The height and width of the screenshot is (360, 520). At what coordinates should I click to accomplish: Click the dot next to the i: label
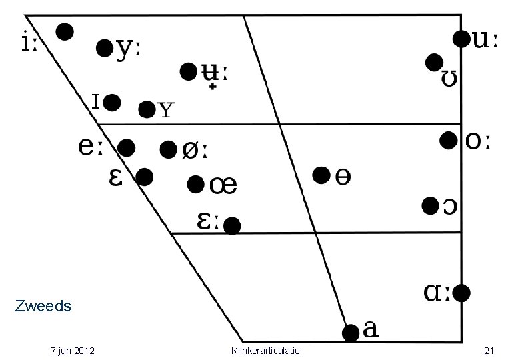[x=65, y=32]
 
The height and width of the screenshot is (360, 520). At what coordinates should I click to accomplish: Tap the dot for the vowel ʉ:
[x=189, y=71]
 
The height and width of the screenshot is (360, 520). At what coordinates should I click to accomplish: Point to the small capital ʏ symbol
[x=167, y=110]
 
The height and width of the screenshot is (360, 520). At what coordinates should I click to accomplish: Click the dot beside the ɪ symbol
[x=112, y=103]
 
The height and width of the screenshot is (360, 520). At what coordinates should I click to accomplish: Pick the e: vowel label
[x=91, y=146]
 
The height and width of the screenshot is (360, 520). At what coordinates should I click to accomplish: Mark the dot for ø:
[x=169, y=149]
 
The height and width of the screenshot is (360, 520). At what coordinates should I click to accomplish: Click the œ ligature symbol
[x=223, y=185]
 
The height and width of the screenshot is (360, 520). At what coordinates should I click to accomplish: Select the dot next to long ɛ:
[x=232, y=226]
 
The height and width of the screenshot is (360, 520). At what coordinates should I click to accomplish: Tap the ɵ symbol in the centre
[x=343, y=177]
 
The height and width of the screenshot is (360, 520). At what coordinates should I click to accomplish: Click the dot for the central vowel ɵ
[x=321, y=175]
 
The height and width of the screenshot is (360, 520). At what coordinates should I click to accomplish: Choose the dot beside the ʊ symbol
[x=435, y=62]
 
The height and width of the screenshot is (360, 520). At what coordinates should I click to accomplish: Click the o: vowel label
[x=477, y=141]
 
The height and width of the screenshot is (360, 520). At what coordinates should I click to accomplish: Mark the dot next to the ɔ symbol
[x=431, y=206]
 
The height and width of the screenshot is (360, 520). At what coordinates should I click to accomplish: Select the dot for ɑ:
[x=461, y=293]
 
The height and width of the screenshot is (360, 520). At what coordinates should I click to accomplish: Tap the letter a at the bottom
[x=371, y=329]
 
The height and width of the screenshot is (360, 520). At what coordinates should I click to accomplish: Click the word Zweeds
[x=43, y=306]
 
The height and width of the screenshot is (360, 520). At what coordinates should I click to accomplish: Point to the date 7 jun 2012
[x=73, y=351]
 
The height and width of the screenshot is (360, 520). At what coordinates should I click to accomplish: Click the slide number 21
[x=489, y=351]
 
